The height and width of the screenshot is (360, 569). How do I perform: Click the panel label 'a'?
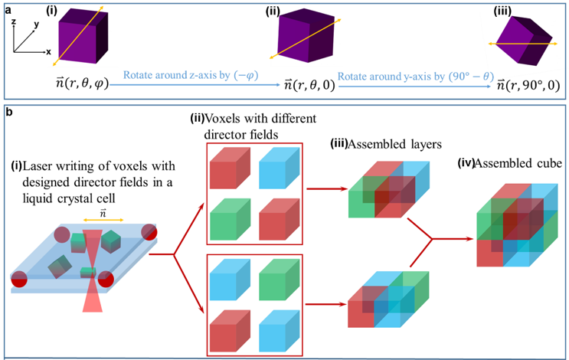coord(7,7)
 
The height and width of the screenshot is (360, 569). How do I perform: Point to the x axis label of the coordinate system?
coord(47,51)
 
